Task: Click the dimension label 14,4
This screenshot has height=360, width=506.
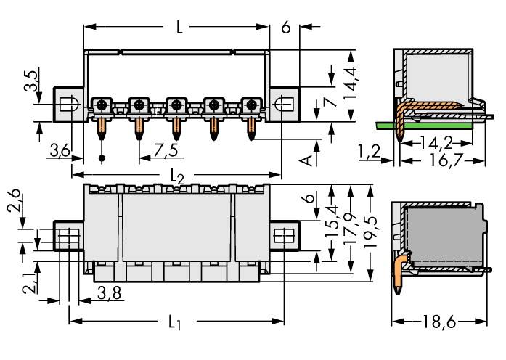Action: (x=351, y=79)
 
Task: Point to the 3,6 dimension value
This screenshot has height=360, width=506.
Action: (x=60, y=151)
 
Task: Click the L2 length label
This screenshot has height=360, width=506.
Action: (x=176, y=176)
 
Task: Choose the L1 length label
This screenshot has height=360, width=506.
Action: (x=175, y=322)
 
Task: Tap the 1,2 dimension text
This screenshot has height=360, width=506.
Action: (x=369, y=152)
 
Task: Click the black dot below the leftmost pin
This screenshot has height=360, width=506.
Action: (x=102, y=158)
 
